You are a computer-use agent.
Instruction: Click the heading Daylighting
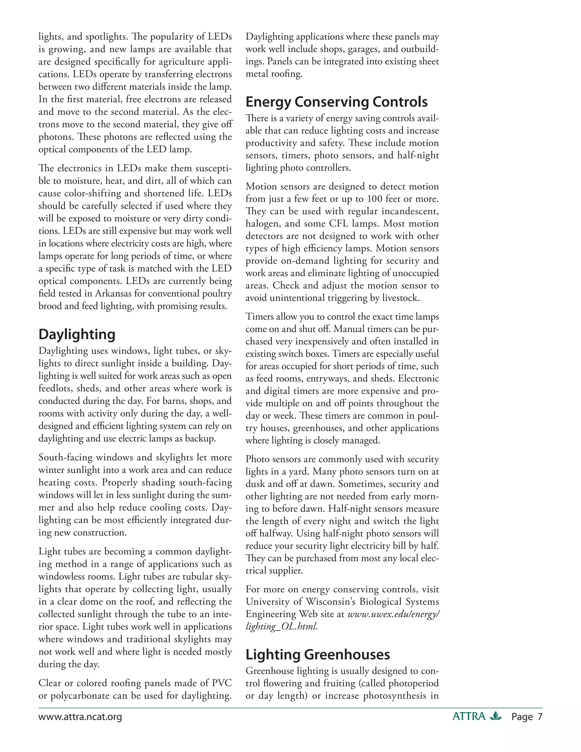(x=77, y=334)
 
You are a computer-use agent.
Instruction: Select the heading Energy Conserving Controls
(x=336, y=102)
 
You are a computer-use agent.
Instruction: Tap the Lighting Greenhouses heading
(x=317, y=655)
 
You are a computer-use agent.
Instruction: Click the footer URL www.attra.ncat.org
(x=80, y=717)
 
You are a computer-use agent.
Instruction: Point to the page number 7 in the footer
(x=540, y=717)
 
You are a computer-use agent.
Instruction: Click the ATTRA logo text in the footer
(x=469, y=717)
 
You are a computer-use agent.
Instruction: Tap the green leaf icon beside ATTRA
(x=496, y=716)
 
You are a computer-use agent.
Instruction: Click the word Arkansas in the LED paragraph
(x=115, y=293)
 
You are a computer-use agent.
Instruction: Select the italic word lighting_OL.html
(x=281, y=626)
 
